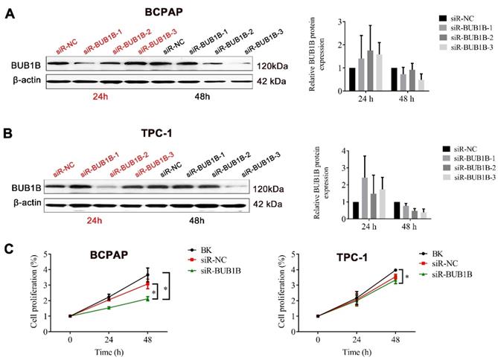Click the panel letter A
click(8, 13)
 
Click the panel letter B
click(8, 136)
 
